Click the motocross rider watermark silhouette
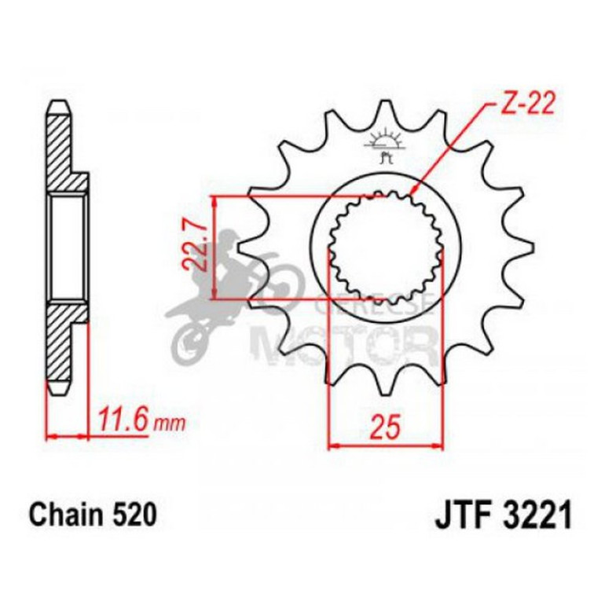(236, 291)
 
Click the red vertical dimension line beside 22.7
(214, 247)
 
